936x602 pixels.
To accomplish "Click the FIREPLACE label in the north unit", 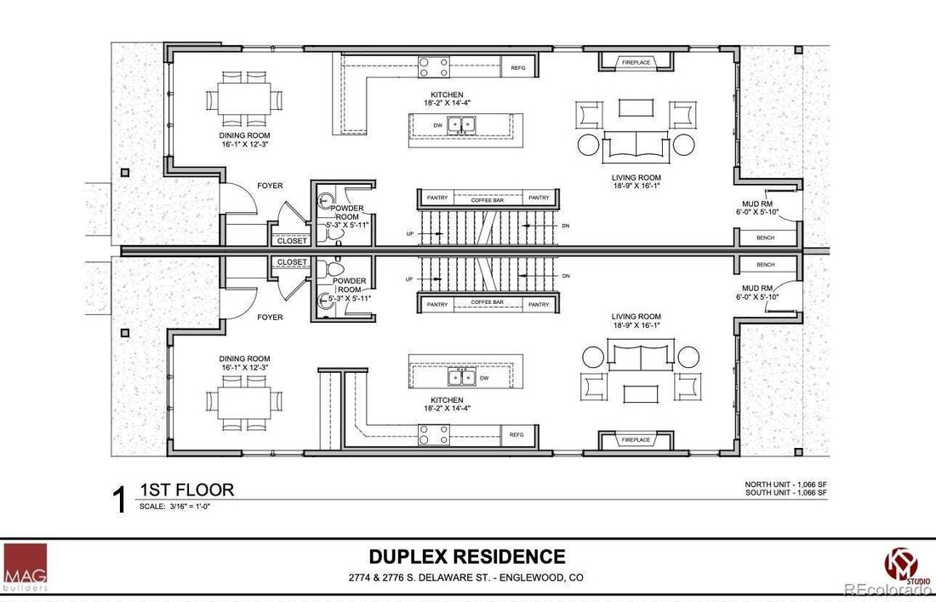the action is click(636, 62).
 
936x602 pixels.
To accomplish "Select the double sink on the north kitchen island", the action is click(462, 124).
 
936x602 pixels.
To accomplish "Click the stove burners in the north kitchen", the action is click(434, 66).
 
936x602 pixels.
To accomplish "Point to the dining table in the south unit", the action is click(244, 402).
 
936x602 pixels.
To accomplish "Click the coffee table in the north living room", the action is click(636, 107).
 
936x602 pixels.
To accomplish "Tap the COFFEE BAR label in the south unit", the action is click(487, 302).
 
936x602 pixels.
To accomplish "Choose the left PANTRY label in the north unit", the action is click(437, 198).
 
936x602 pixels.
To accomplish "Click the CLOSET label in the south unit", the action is click(292, 262).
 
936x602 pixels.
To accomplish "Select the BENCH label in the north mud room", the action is click(765, 238).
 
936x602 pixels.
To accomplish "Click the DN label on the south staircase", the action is click(566, 276).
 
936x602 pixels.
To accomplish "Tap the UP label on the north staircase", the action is click(409, 233).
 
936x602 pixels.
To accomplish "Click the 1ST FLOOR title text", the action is click(187, 490).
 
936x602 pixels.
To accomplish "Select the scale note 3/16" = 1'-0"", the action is click(175, 507).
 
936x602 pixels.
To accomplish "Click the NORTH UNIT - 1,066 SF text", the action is click(785, 484).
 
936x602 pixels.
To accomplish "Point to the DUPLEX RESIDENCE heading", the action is click(467, 556).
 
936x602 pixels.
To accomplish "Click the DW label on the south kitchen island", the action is click(484, 378).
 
